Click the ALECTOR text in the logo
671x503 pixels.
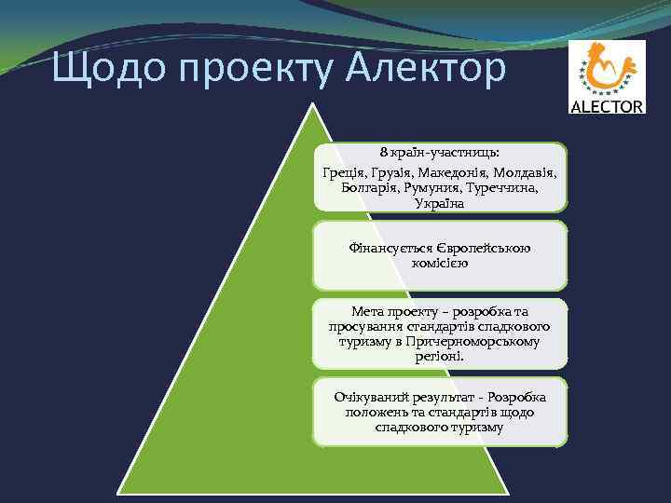point(607,106)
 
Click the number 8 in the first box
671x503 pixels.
point(383,152)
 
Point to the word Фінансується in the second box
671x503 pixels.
point(390,248)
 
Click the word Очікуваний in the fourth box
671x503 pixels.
point(373,398)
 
